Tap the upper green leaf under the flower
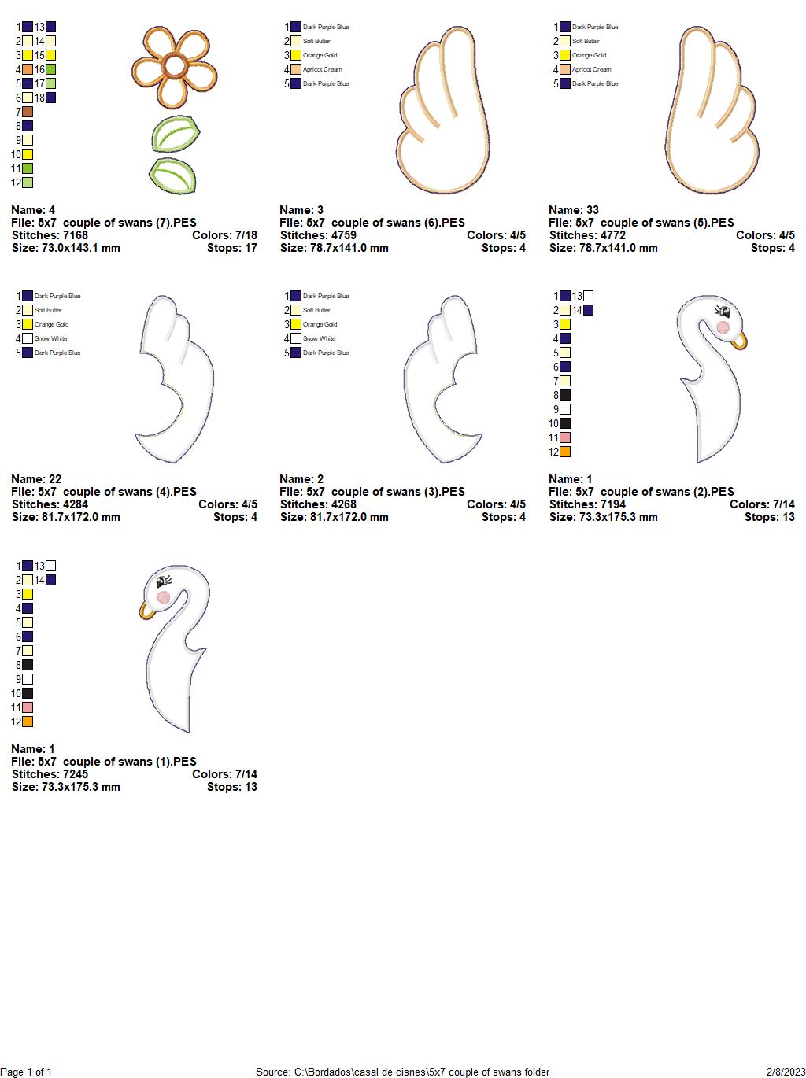point(176,134)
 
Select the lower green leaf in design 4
point(172,175)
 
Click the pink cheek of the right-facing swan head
point(723,327)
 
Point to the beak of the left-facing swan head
point(146,611)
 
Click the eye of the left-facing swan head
point(163,582)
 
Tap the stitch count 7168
point(75,235)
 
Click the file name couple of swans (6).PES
point(397,223)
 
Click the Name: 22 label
point(36,479)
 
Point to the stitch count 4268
point(343,504)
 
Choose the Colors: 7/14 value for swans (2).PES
point(762,504)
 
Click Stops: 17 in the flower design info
point(232,248)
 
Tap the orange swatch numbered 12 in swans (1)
point(28,722)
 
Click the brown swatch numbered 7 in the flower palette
point(28,112)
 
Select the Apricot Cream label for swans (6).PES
point(322,69)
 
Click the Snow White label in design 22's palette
point(50,338)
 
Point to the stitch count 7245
point(75,774)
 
